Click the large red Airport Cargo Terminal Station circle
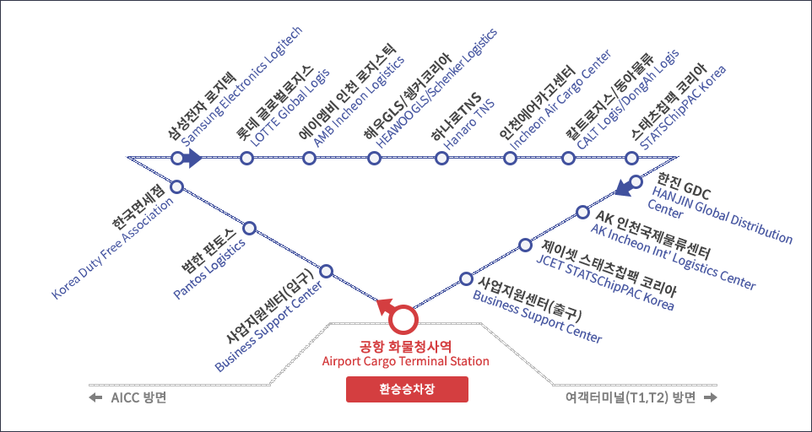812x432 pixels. coord(403,319)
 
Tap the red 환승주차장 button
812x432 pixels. coord(406,389)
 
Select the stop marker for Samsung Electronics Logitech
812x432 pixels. coord(176,158)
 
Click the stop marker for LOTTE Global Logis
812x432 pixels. coord(246,158)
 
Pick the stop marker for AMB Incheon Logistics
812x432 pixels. coord(310,158)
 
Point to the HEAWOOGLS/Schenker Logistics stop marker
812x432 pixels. coord(374,158)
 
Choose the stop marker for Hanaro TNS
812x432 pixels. coord(441,158)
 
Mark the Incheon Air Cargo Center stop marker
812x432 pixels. coord(509,158)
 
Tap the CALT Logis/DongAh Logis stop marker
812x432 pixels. coord(568,158)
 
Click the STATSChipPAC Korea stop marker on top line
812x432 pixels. coord(631,158)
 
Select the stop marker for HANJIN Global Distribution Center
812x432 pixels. coord(636,181)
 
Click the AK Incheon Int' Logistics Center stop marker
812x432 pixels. coord(582,211)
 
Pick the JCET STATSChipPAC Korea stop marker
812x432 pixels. coord(526,243)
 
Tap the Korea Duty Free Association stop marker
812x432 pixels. coord(177,186)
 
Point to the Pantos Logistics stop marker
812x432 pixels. coord(249,228)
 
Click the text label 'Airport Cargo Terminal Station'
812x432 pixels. coord(405,361)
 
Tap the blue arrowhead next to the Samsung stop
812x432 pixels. coord(193,158)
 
